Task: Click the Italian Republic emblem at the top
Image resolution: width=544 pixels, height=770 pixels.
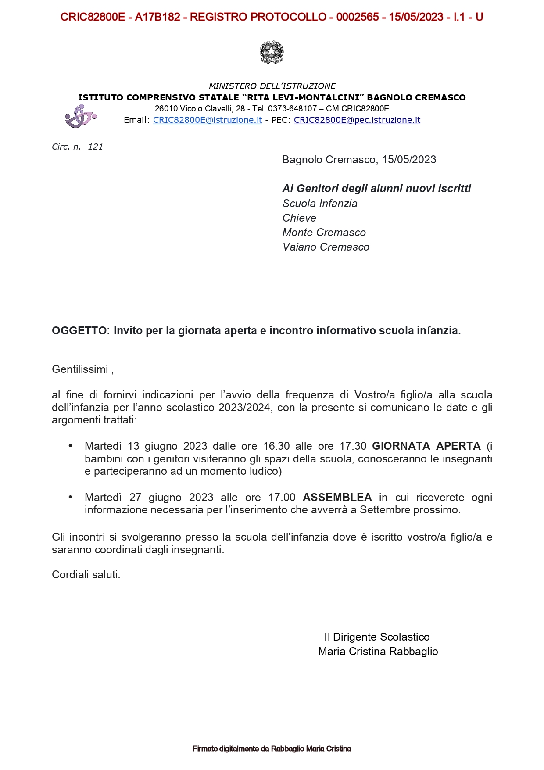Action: (272, 52)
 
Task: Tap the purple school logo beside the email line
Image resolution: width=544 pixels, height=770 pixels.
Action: (80, 117)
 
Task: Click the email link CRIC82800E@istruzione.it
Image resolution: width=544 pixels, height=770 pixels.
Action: (208, 120)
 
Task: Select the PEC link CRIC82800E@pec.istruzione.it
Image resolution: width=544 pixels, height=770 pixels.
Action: (357, 120)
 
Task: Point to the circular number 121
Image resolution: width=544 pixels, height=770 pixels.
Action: (95, 147)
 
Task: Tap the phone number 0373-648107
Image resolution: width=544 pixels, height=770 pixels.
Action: (292, 109)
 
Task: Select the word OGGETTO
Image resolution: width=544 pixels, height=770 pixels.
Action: (79, 331)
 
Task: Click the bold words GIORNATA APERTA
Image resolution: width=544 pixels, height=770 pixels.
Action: (426, 446)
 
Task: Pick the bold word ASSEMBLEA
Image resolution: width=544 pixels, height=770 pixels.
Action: (337, 498)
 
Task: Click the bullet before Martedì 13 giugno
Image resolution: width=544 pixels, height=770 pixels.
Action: (70, 446)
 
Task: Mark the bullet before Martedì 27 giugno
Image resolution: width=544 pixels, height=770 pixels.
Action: (70, 497)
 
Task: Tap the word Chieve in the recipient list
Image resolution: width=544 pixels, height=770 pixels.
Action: (299, 218)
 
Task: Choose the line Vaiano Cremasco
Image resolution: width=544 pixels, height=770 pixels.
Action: (326, 247)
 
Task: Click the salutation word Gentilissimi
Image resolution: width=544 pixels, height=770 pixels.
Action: (80, 369)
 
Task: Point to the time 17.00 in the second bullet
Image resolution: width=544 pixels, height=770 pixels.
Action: (282, 498)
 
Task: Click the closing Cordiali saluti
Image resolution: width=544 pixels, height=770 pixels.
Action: (86, 575)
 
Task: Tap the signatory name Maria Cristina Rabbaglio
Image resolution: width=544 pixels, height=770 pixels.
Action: (378, 652)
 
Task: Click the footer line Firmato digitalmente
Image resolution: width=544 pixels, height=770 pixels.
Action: (272, 749)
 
